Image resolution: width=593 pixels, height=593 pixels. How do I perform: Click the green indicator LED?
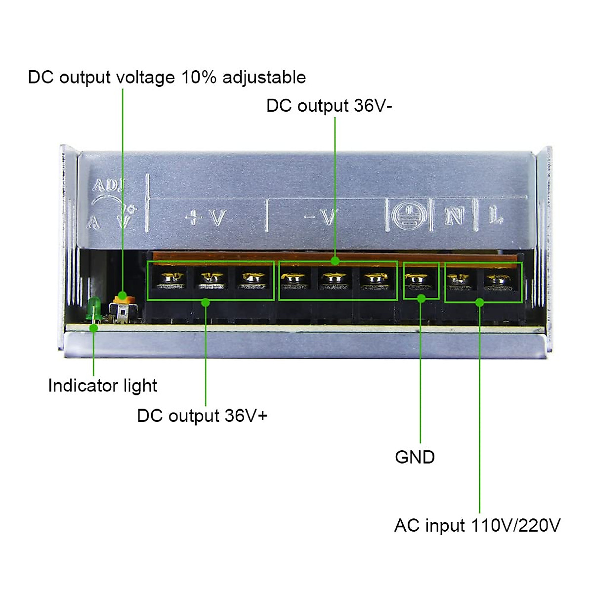point(93,309)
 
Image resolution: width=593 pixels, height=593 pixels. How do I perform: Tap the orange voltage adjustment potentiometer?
point(123,298)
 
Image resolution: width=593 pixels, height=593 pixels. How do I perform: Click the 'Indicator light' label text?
point(102,385)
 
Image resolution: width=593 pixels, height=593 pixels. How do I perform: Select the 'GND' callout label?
point(415,457)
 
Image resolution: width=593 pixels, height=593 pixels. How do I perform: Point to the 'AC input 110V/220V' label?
point(477,525)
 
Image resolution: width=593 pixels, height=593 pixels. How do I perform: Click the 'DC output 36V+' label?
point(202,416)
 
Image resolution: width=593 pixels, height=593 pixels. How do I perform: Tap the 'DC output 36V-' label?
point(329,106)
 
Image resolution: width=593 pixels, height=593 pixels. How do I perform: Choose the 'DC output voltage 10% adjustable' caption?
point(167,78)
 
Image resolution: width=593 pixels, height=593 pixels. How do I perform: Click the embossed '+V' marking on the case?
point(206,217)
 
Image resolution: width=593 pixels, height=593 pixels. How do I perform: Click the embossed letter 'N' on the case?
point(454,215)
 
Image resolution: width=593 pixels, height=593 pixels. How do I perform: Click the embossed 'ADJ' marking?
point(108,186)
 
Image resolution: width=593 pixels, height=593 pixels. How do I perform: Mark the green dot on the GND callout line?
point(421,298)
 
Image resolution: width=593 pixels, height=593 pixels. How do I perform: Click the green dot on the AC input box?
point(479,302)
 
